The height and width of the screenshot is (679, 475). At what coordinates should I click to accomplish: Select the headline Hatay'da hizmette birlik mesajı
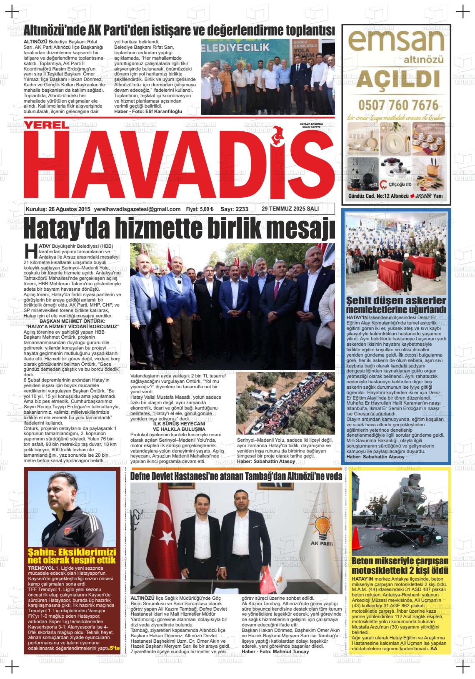[x=179, y=227]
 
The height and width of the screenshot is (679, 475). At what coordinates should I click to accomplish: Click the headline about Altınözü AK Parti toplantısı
[x=179, y=30]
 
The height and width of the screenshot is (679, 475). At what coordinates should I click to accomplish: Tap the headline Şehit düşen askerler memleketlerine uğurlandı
[x=396, y=305]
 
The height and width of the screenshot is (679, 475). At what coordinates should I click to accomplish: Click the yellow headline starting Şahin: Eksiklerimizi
[x=71, y=556]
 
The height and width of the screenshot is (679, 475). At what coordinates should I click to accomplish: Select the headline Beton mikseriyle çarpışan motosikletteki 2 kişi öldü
[x=400, y=566]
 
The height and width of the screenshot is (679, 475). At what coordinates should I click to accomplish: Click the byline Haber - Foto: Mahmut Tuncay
[x=275, y=651]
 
